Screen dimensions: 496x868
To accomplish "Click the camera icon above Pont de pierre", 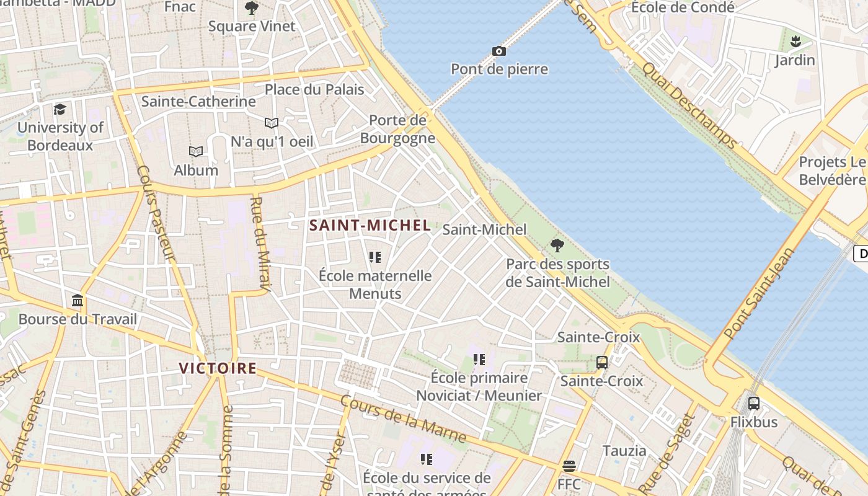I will pos(498,51).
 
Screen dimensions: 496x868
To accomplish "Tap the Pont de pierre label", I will pos(499,69).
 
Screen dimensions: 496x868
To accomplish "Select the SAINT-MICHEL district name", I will pos(370,225).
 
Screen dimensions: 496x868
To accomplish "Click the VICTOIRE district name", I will pos(218,368).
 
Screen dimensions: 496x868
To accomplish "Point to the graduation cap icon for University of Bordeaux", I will pos(60,109).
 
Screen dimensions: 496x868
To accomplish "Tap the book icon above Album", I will pos(196,151).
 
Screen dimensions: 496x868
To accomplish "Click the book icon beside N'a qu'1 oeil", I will pos(272,123).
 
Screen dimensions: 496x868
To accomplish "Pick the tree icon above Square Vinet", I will pos(251,8).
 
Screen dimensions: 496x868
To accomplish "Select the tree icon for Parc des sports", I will pos(557,246).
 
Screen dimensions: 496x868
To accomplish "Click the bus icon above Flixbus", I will pos(753,403).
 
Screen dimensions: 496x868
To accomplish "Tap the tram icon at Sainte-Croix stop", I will pos(601,362).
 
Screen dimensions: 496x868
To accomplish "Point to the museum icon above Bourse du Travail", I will pos(77,301).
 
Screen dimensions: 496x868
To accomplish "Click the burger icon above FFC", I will pos(569,466).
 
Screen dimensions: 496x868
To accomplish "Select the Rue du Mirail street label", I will pos(260,243).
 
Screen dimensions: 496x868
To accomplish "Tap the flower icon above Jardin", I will pos(795,42).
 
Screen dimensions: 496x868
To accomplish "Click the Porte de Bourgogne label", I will pos(397,129).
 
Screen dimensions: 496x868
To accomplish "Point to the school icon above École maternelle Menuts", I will pos(374,257).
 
